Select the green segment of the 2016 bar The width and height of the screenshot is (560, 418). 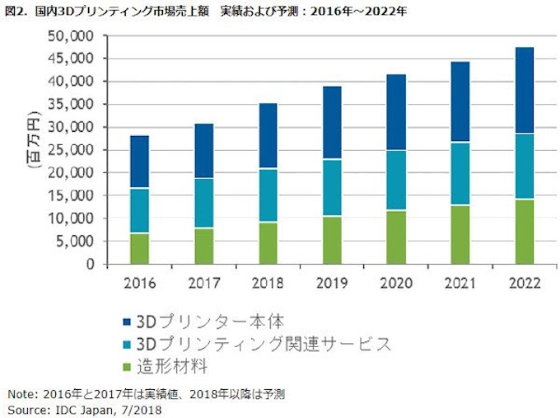click(140, 249)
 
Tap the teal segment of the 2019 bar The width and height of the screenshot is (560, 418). click(332, 187)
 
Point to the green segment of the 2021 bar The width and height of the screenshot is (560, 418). click(460, 235)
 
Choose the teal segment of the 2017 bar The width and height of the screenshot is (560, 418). click(204, 203)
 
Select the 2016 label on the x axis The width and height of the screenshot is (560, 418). click(140, 283)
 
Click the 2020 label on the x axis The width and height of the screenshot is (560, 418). click(395, 283)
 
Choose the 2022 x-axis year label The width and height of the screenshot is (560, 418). click(523, 283)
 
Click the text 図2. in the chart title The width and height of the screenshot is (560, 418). click(16, 12)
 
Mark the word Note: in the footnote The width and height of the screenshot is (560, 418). click(22, 393)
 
